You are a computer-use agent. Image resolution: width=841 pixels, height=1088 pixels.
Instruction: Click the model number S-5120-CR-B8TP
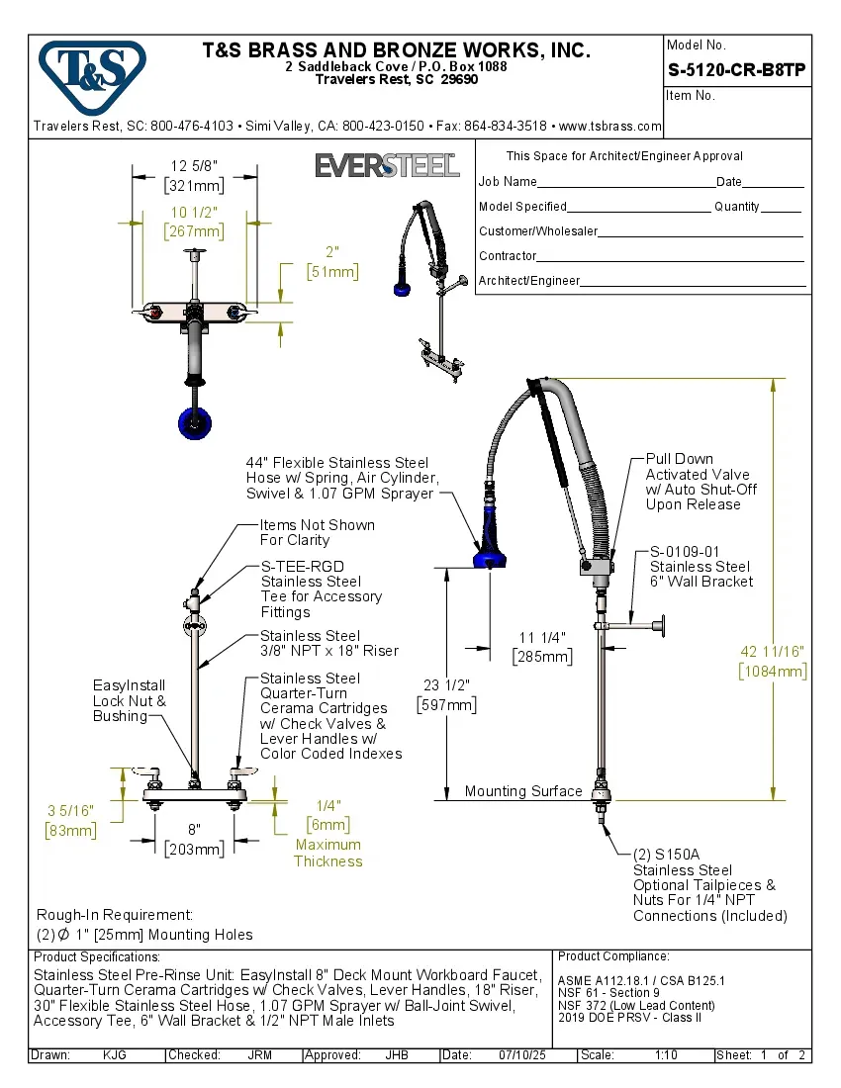point(737,70)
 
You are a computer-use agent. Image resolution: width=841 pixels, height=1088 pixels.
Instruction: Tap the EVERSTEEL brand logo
point(387,165)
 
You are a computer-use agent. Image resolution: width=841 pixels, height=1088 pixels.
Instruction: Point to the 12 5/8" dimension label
point(194,175)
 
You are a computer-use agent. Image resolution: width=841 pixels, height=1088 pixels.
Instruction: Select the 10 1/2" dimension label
point(194,223)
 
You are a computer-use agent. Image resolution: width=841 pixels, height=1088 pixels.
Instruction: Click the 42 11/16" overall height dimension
point(773,661)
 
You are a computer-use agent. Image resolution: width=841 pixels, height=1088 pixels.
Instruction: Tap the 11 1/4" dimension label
point(541,647)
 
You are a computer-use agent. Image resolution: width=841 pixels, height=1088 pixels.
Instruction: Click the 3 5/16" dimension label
point(70,820)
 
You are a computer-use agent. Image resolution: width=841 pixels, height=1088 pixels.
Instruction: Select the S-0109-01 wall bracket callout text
point(701,567)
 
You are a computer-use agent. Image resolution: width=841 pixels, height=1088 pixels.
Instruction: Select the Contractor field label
point(508,256)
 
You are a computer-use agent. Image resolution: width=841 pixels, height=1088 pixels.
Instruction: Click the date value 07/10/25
point(524,1055)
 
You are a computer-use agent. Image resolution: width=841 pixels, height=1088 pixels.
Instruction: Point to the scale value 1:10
point(666,1055)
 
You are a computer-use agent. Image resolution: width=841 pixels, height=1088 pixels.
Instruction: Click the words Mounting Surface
point(523,791)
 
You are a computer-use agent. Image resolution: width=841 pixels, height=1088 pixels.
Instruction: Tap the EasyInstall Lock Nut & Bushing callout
point(130,700)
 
